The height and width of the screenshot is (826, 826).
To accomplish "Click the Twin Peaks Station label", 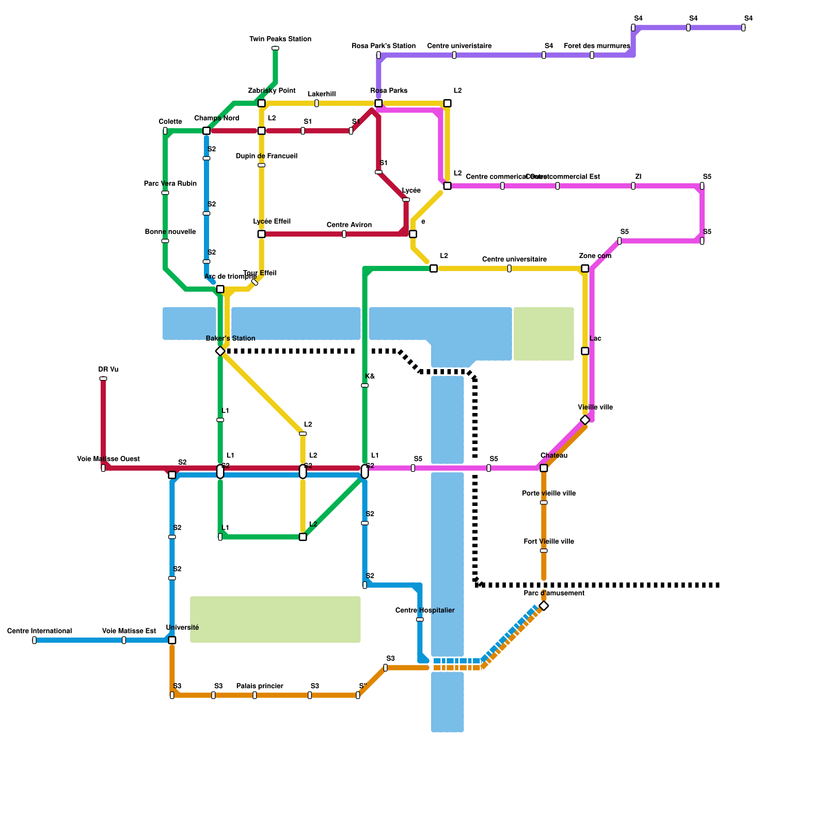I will coord(280,39).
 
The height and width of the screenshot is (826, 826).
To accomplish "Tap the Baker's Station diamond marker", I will coord(220,351).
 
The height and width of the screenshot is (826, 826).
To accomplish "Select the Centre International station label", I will coord(39,631).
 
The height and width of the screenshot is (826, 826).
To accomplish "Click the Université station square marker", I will coord(172,640).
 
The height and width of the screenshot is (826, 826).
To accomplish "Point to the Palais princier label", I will coord(260,686).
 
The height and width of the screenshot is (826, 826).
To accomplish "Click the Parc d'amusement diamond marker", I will coord(544,606).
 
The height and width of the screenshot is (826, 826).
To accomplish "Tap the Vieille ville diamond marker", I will coord(585,420).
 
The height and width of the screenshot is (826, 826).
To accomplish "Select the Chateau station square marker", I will coord(544,468).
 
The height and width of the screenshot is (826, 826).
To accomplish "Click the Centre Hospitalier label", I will coord(425,610).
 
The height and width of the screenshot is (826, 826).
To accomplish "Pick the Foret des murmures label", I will coord(597,46).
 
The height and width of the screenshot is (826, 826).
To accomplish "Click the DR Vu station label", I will coord(108,370).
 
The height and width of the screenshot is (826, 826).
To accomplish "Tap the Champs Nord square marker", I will coord(206,131).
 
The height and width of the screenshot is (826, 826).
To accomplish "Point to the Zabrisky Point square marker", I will coord(261,103).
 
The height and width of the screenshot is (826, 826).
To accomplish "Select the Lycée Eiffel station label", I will coord(272,221).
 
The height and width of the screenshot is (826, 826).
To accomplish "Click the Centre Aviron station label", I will coord(349,225).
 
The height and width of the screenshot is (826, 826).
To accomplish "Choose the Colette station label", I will coord(170,122).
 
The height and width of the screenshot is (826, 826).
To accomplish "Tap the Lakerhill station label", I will coord(322,94).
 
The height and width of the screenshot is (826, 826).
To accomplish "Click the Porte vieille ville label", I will coord(549,494).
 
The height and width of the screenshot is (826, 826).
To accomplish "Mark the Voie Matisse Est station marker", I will coord(124,640).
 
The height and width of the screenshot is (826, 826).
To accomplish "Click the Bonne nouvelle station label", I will coord(170,232).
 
